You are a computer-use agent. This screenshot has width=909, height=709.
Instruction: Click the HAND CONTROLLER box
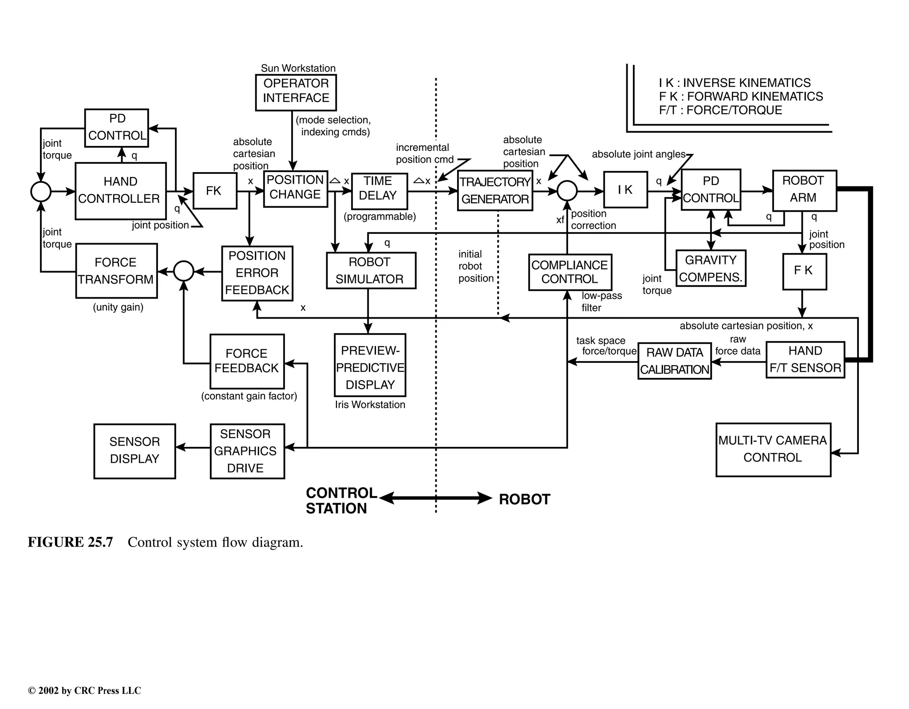point(120,191)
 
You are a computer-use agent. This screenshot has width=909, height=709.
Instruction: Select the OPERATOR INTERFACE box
point(296,92)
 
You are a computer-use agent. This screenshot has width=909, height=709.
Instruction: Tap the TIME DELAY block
point(379,191)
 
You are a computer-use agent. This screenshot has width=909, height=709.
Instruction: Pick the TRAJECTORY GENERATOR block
point(494,191)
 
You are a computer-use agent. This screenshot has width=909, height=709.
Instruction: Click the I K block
point(625,190)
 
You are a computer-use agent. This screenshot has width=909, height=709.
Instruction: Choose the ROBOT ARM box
point(804,190)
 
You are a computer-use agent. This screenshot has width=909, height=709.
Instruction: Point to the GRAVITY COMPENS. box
point(710,268)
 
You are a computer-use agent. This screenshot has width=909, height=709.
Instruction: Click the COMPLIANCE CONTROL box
point(569,272)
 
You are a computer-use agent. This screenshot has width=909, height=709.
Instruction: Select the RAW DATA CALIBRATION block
point(674,361)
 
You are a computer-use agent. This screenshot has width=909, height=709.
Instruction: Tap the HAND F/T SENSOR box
point(805,359)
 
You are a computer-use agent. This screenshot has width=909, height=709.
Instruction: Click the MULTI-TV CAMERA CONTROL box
point(773,449)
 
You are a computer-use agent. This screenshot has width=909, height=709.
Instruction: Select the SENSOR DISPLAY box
point(134,451)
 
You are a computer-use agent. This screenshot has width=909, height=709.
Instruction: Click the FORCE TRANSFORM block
point(116,271)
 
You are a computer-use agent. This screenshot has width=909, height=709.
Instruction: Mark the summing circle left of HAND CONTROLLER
point(41,192)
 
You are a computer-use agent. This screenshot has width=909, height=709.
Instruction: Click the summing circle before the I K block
point(567,191)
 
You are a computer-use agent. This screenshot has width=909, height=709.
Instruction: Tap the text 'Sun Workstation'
point(298,68)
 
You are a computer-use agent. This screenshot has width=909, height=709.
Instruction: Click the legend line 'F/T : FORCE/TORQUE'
point(720,110)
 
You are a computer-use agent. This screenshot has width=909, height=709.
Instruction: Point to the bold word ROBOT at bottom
point(524,499)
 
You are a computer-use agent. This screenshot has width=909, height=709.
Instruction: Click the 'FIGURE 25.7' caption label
point(70,542)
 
